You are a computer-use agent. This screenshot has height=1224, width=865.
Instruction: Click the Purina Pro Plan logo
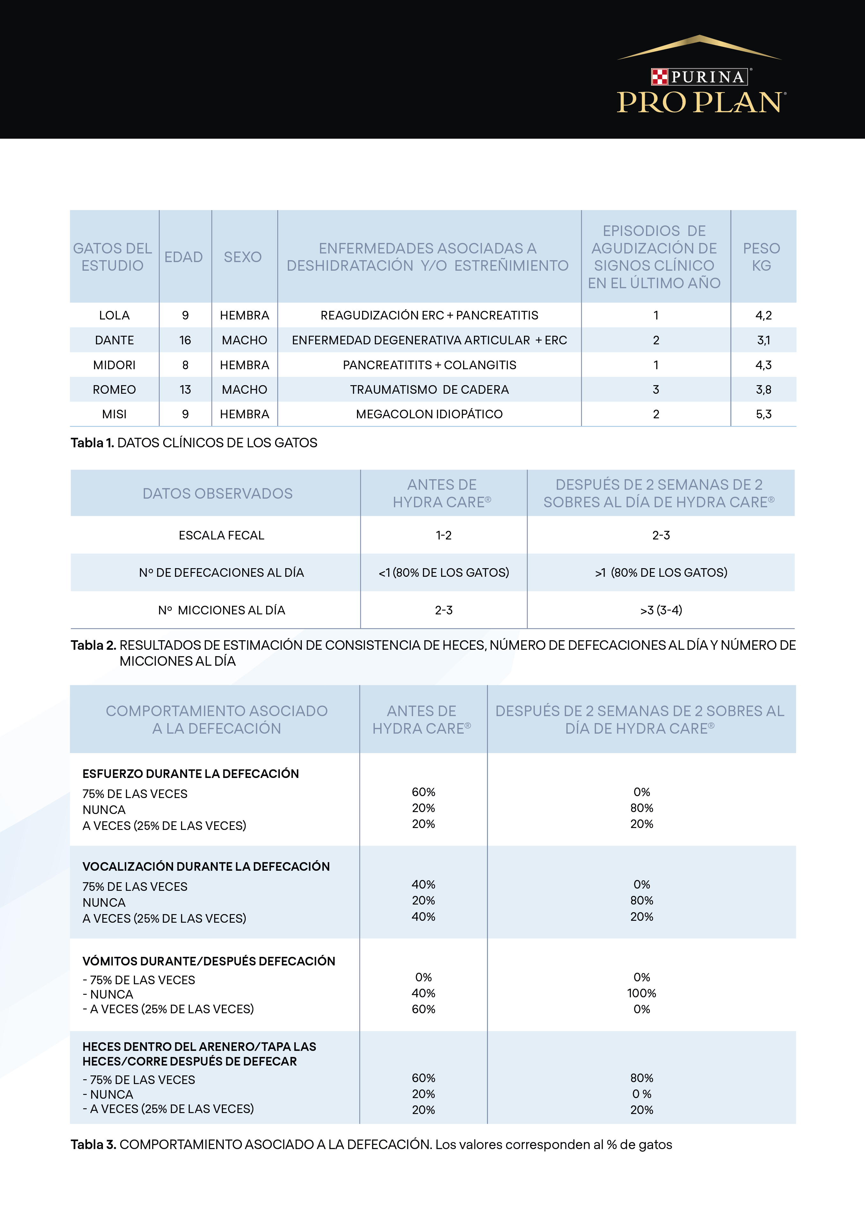(x=700, y=77)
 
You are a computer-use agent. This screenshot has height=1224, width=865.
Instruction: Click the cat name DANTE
(x=114, y=340)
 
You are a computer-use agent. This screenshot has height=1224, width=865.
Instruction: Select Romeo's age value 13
(x=185, y=390)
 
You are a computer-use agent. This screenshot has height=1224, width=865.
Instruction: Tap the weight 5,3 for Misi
(x=763, y=414)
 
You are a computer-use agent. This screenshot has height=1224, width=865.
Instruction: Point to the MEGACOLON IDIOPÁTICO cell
(x=429, y=414)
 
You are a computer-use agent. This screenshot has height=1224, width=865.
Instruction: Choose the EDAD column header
(x=183, y=257)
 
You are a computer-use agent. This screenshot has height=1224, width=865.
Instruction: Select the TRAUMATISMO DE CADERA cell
(x=429, y=390)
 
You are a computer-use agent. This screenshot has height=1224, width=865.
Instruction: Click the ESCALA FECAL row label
(x=221, y=535)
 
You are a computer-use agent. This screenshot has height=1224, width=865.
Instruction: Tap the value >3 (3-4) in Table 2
(x=661, y=610)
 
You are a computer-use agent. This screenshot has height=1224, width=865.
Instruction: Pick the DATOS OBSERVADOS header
(x=217, y=494)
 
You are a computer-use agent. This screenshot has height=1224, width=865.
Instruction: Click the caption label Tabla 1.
(x=92, y=443)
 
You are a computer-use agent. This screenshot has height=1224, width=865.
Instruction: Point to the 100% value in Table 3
(x=641, y=993)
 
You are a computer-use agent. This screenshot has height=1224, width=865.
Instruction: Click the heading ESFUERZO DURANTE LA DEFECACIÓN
(x=190, y=773)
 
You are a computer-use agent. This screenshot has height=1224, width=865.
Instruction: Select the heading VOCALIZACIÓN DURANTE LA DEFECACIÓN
(x=206, y=866)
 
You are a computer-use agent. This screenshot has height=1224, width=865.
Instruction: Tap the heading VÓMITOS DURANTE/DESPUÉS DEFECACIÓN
(x=208, y=961)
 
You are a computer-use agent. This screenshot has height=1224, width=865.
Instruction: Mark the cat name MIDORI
(x=114, y=365)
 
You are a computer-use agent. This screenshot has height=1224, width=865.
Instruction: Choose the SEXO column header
(x=243, y=257)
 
